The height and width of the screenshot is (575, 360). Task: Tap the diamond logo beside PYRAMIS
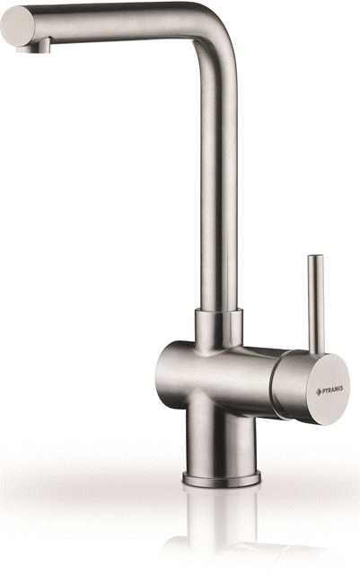318,392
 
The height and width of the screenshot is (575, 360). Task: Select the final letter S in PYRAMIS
342,388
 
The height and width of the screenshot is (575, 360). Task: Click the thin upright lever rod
316,305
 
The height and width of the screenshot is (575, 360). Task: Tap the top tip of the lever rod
315,255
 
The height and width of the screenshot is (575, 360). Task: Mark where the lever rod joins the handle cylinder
317,353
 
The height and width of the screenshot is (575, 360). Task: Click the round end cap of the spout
17,26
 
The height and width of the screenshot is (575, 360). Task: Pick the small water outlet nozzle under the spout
34,46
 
